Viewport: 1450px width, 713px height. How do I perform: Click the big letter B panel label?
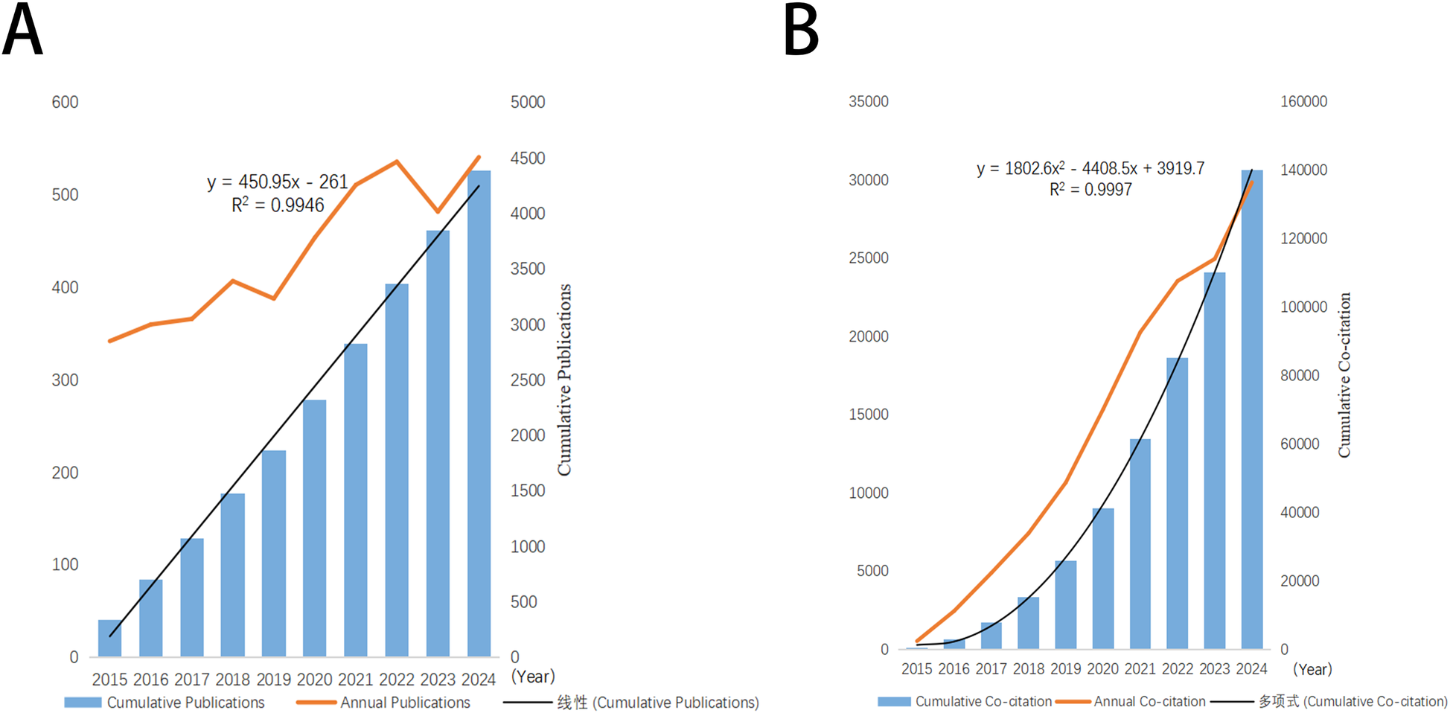(x=802, y=31)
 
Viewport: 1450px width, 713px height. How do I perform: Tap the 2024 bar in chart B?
(x=1252, y=409)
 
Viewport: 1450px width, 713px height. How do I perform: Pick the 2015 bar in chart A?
(x=110, y=638)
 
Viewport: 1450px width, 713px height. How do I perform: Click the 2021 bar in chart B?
(x=1140, y=543)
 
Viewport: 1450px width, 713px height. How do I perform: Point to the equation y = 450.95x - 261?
(x=277, y=182)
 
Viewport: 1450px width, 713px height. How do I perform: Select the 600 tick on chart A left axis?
(x=65, y=102)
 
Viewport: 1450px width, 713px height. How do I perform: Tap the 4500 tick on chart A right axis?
(x=527, y=158)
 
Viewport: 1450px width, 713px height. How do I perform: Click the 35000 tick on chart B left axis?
(x=868, y=101)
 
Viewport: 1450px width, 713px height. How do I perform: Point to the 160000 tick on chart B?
(x=1303, y=101)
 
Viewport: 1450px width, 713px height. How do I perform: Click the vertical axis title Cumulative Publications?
(x=565, y=380)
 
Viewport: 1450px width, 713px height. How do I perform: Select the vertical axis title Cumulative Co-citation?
(x=1344, y=374)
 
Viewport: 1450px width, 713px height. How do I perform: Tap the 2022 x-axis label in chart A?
(x=396, y=679)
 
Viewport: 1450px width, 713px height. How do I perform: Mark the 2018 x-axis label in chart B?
(x=1028, y=668)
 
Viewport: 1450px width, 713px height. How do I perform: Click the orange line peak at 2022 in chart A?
(x=397, y=162)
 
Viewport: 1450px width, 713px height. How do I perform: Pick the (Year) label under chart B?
(x=1312, y=669)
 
